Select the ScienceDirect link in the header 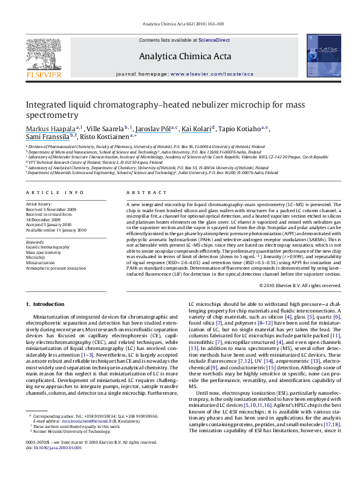coord(214,40)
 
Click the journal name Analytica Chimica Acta coord(180,56)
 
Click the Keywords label coord(36,242)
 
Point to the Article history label coord(39,205)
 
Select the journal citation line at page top coord(180,23)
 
